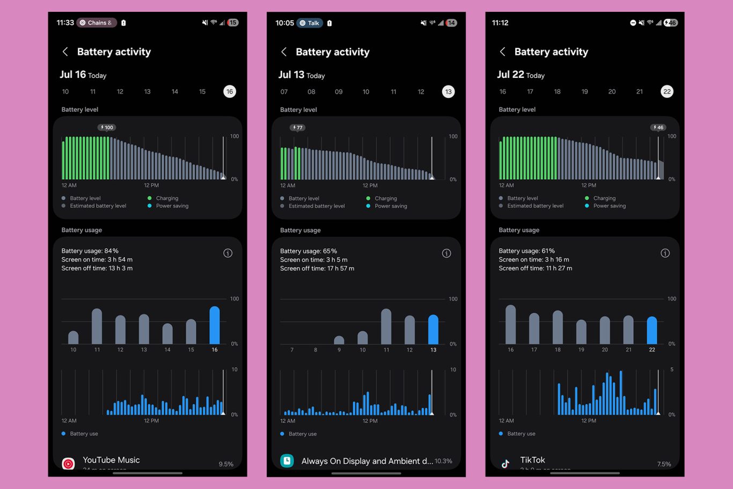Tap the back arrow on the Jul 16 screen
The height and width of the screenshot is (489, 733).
pyautogui.click(x=65, y=52)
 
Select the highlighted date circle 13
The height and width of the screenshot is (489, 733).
pyautogui.click(x=448, y=92)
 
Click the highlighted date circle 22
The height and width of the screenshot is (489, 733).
pyautogui.click(x=667, y=92)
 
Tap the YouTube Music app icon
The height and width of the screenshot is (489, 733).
pyautogui.click(x=69, y=463)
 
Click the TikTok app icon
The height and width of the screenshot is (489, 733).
pyautogui.click(x=505, y=463)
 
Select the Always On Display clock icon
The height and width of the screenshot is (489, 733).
pyautogui.click(x=287, y=461)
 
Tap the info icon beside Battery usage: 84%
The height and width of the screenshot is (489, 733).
pyautogui.click(x=228, y=253)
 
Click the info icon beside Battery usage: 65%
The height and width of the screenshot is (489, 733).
pyautogui.click(x=446, y=253)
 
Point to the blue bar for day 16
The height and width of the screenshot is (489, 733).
pyautogui.click(x=215, y=325)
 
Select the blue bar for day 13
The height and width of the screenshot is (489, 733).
pyautogui.click(x=433, y=330)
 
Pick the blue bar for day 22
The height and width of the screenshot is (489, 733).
pyautogui.click(x=652, y=331)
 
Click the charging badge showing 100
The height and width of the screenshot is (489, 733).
pyautogui.click(x=107, y=128)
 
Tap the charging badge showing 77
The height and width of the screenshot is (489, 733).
pyautogui.click(x=297, y=128)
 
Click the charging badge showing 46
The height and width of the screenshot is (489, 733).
pyautogui.click(x=658, y=128)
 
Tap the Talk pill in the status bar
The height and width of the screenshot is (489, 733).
pyautogui.click(x=310, y=23)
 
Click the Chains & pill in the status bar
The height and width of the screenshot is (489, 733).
pyautogui.click(x=97, y=23)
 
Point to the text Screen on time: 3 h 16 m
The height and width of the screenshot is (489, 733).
pyautogui.click(x=534, y=260)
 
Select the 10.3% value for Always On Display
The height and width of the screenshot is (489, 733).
pyautogui.click(x=443, y=461)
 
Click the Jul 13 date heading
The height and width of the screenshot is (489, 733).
pyautogui.click(x=291, y=75)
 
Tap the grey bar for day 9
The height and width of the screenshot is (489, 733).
pyautogui.click(x=339, y=340)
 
